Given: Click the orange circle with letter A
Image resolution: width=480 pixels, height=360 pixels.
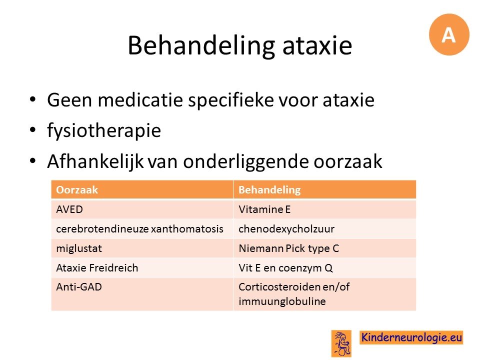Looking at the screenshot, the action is (449, 34).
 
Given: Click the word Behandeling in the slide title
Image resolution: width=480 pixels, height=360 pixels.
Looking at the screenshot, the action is (201, 45).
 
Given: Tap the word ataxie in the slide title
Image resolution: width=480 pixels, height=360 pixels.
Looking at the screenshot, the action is (317, 45).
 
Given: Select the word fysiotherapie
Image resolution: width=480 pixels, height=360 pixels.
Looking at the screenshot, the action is (104, 130).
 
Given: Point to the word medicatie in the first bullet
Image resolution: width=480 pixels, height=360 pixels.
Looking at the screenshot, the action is (140, 100).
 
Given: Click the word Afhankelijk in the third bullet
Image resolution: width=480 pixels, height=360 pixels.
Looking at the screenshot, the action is (95, 161).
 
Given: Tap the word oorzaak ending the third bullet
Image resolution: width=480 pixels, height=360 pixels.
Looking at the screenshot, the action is (348, 161).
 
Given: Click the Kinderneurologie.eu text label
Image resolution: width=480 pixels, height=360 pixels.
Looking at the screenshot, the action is (411, 337).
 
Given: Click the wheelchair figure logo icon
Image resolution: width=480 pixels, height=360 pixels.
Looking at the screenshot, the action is (341, 343).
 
